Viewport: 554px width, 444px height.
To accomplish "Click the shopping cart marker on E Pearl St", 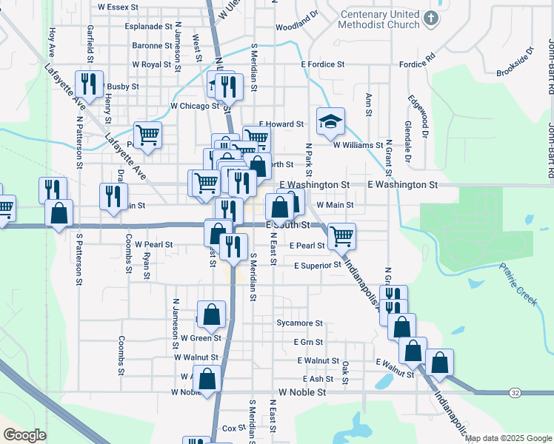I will tap(341, 236).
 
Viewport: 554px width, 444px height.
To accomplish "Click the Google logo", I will tap(24, 435).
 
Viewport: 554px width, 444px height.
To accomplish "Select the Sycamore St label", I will tap(299, 323).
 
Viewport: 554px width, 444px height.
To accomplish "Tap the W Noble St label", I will tap(302, 392).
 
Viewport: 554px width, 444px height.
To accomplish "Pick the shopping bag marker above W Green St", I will tap(212, 313).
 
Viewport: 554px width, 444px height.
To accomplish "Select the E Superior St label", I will tap(317, 265).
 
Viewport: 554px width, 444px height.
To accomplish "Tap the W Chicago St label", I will tap(190, 106).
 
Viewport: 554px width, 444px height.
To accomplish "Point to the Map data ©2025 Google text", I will tap(507, 438).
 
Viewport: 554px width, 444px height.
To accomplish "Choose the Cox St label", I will tap(233, 428).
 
